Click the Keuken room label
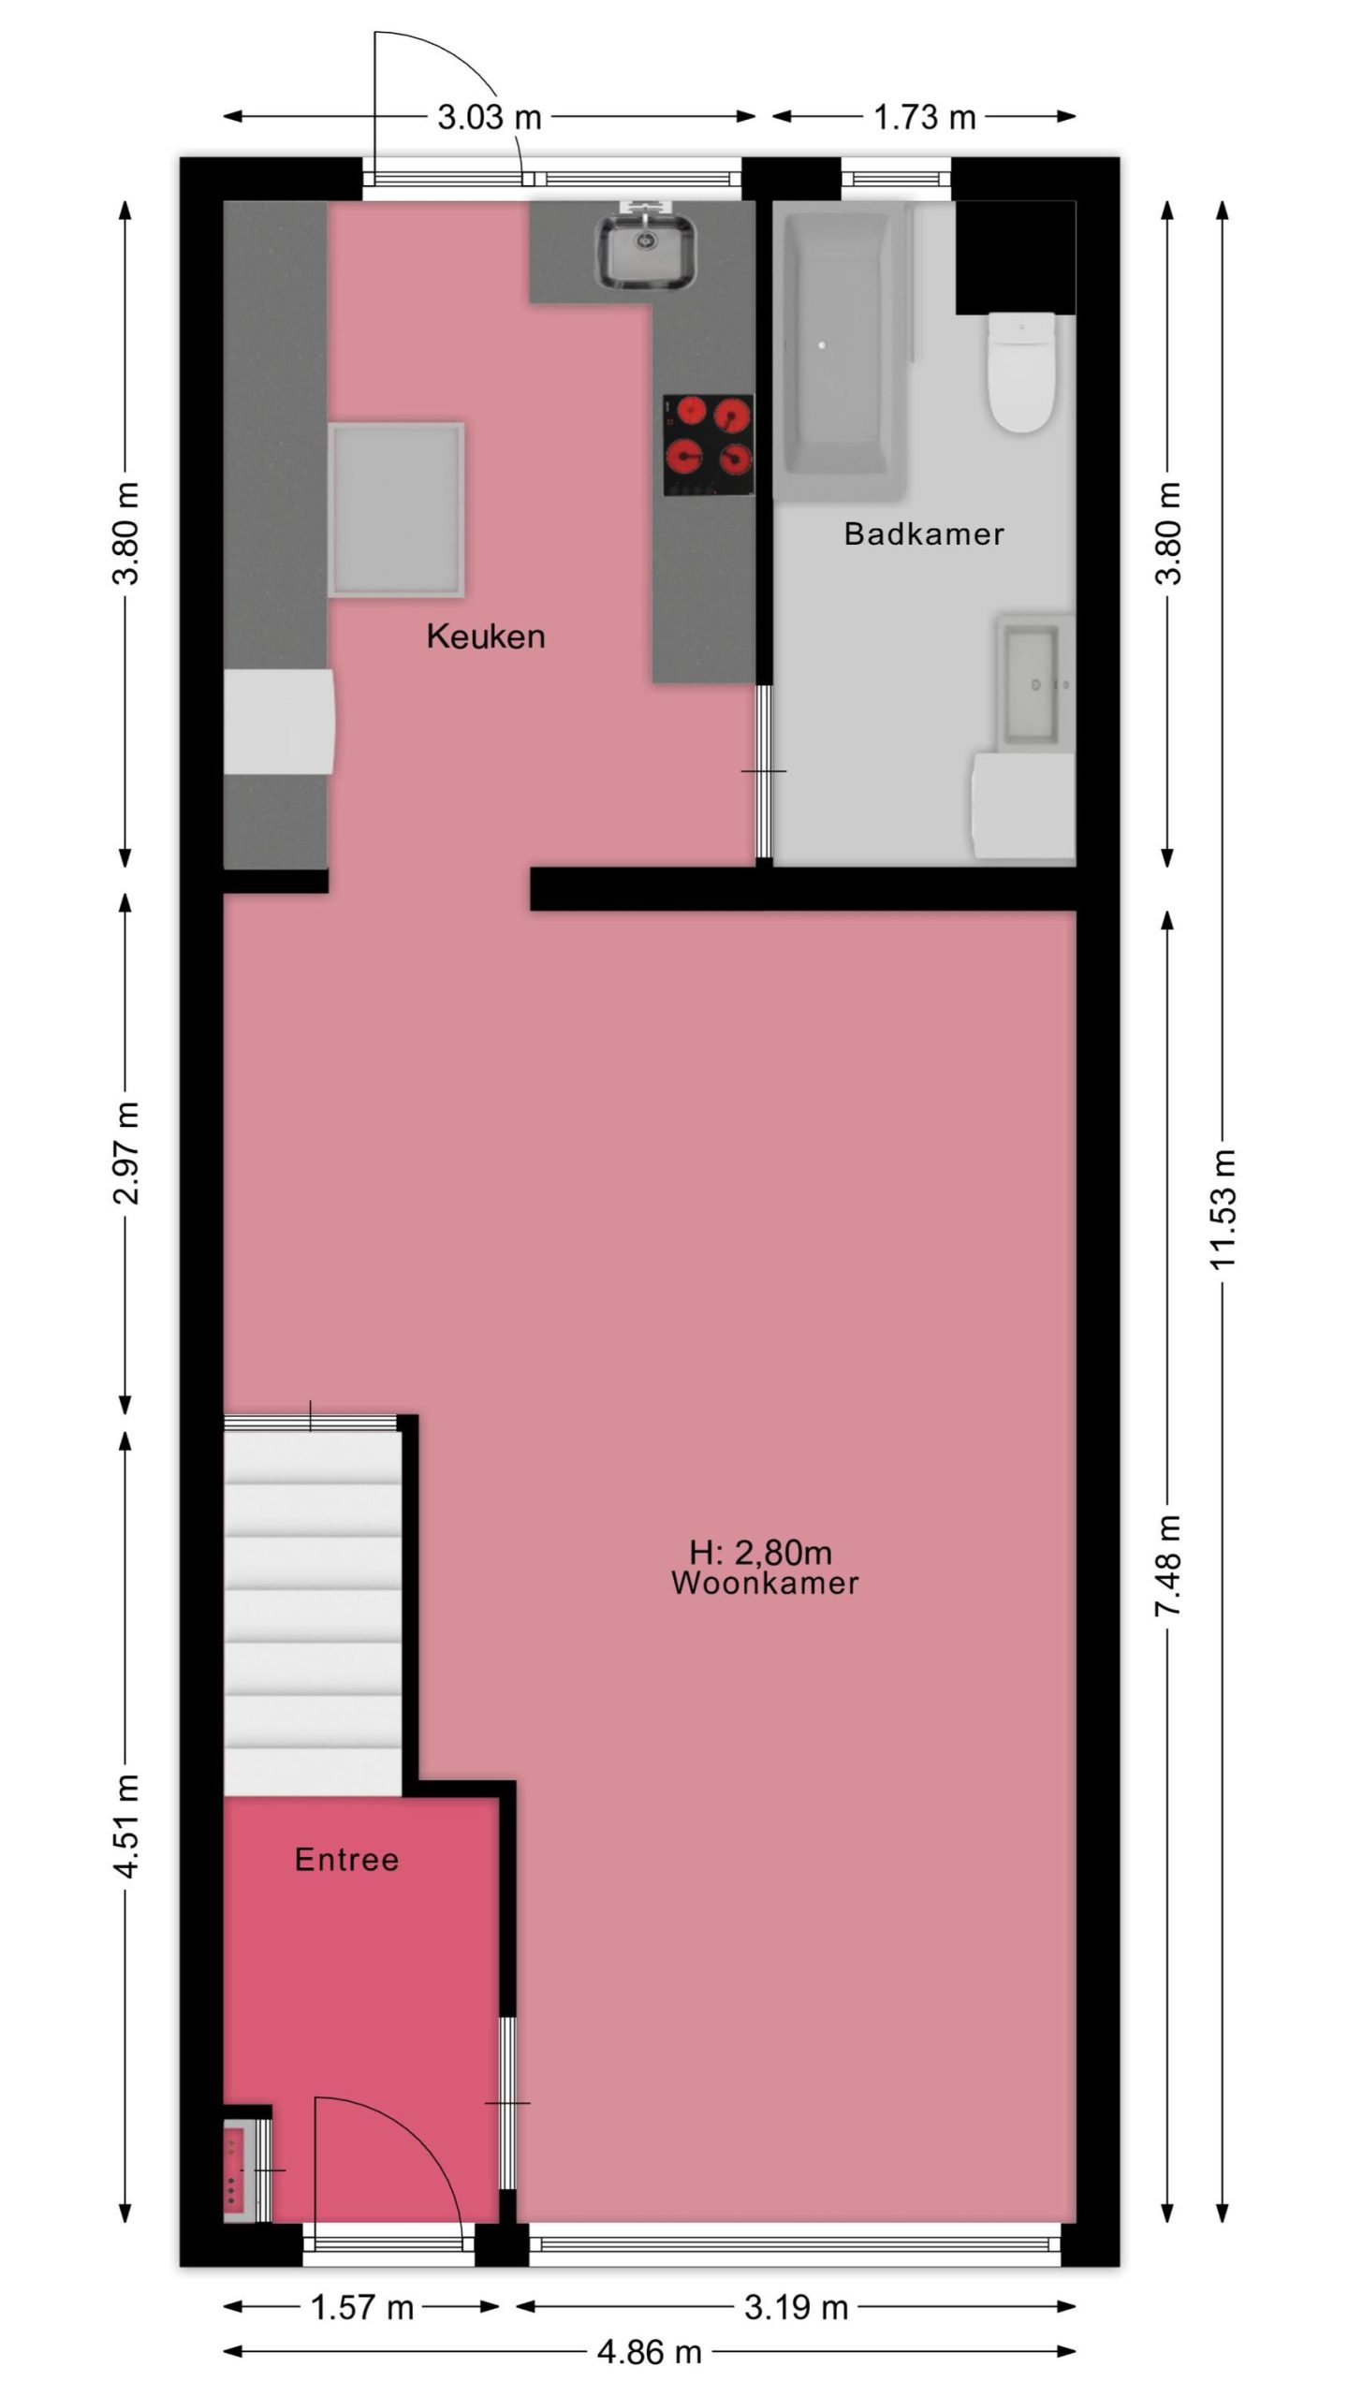[485, 636]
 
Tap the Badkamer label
[924, 533]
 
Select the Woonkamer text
[765, 1583]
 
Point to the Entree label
[346, 1860]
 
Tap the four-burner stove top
[709, 445]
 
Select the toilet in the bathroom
[1022, 373]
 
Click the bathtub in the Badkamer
[836, 343]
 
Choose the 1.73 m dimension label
[924, 117]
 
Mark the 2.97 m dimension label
[125, 1153]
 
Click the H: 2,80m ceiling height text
[760, 1553]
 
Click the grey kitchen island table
[396, 509]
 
